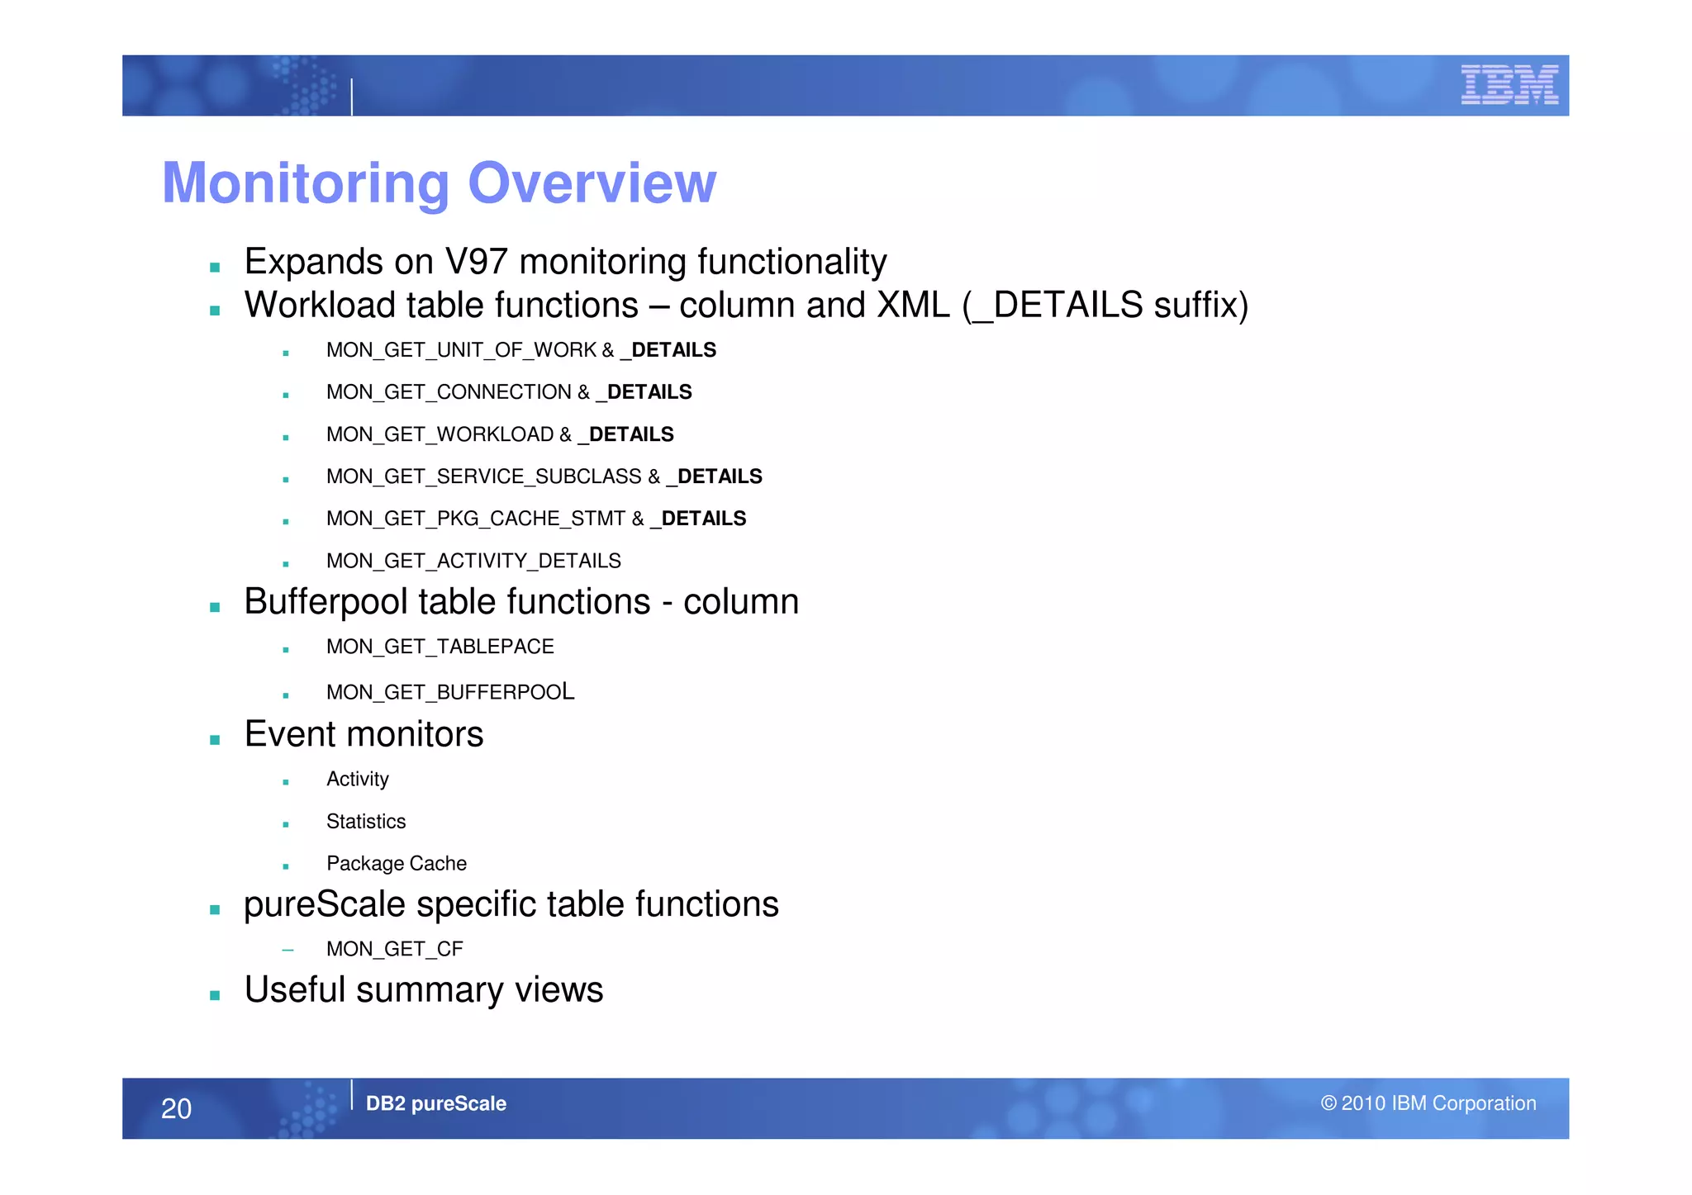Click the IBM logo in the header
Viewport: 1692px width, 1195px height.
point(1509,85)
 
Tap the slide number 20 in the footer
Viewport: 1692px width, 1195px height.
point(176,1108)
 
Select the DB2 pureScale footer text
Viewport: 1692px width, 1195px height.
point(435,1103)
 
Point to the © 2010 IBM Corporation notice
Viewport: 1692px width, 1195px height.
point(1428,1103)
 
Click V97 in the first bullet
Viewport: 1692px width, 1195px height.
point(476,262)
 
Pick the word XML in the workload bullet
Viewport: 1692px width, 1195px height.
point(913,305)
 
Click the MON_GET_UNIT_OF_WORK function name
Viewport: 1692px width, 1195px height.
point(461,350)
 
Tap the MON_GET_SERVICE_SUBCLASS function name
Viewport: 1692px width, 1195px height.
point(483,477)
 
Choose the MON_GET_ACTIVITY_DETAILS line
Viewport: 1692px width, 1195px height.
point(473,561)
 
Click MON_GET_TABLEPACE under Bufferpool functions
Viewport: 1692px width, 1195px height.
point(440,647)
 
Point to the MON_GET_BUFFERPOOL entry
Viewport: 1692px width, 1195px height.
point(450,692)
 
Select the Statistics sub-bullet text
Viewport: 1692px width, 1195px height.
point(366,822)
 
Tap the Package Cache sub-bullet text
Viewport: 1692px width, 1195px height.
point(397,864)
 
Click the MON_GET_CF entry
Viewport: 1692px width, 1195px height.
point(395,949)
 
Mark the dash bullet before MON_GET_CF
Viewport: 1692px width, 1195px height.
point(288,950)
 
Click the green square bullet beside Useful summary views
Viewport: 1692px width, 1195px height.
point(215,995)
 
